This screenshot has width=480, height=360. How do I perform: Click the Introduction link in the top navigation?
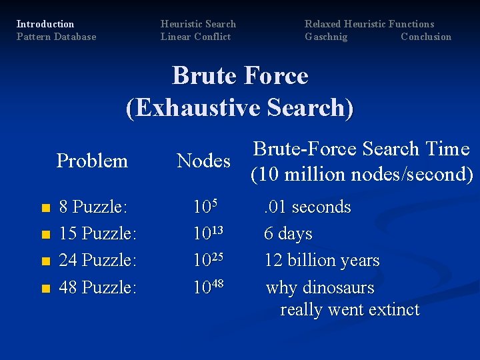point(45,24)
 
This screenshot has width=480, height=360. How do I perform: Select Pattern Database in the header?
point(56,37)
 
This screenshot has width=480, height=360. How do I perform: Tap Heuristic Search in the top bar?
point(198,24)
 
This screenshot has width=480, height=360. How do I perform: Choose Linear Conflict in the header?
point(195,37)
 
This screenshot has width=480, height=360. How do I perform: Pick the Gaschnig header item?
point(326,37)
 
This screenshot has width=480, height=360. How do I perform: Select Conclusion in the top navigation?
point(426,37)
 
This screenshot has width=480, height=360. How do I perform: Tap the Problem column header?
point(92,161)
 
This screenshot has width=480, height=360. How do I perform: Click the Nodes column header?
point(203,161)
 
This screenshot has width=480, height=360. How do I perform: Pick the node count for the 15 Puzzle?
point(207,233)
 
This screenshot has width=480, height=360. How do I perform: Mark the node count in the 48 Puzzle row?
point(207,287)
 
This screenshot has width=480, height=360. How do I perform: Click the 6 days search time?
point(288,234)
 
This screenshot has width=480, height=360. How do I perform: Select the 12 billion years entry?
point(322,261)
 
